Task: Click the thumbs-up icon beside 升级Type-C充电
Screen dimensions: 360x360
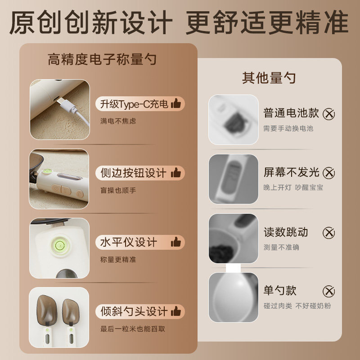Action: tap(176, 104)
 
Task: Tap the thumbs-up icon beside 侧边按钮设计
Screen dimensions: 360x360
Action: tap(176, 173)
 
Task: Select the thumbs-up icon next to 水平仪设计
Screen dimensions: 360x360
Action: tap(176, 243)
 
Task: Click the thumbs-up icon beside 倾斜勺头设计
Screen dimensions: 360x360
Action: tap(176, 311)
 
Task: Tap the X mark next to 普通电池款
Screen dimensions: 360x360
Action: tap(329, 113)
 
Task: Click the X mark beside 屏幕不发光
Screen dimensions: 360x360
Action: tap(329, 173)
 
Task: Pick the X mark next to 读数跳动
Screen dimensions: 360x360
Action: tap(329, 233)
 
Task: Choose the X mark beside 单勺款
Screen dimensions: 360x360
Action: tap(329, 292)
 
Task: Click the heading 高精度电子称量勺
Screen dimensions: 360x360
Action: tap(102, 59)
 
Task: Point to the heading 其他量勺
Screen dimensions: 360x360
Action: tap(269, 78)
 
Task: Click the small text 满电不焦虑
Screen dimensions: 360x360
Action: tap(118, 121)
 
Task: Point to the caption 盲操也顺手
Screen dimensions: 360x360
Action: tap(118, 190)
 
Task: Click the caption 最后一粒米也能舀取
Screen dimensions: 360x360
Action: tap(133, 328)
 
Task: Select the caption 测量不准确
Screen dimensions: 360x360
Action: tap(281, 247)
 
